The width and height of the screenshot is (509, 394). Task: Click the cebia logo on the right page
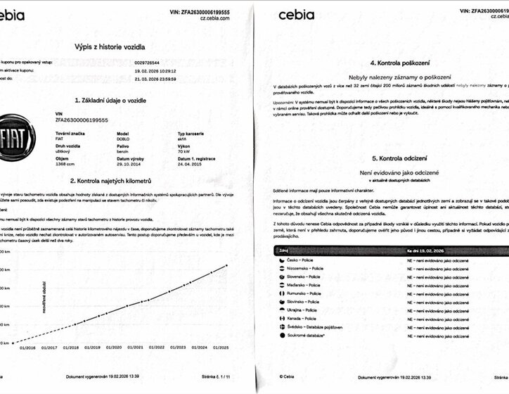[302, 14]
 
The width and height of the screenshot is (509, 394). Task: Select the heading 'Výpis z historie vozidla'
[110, 47]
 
